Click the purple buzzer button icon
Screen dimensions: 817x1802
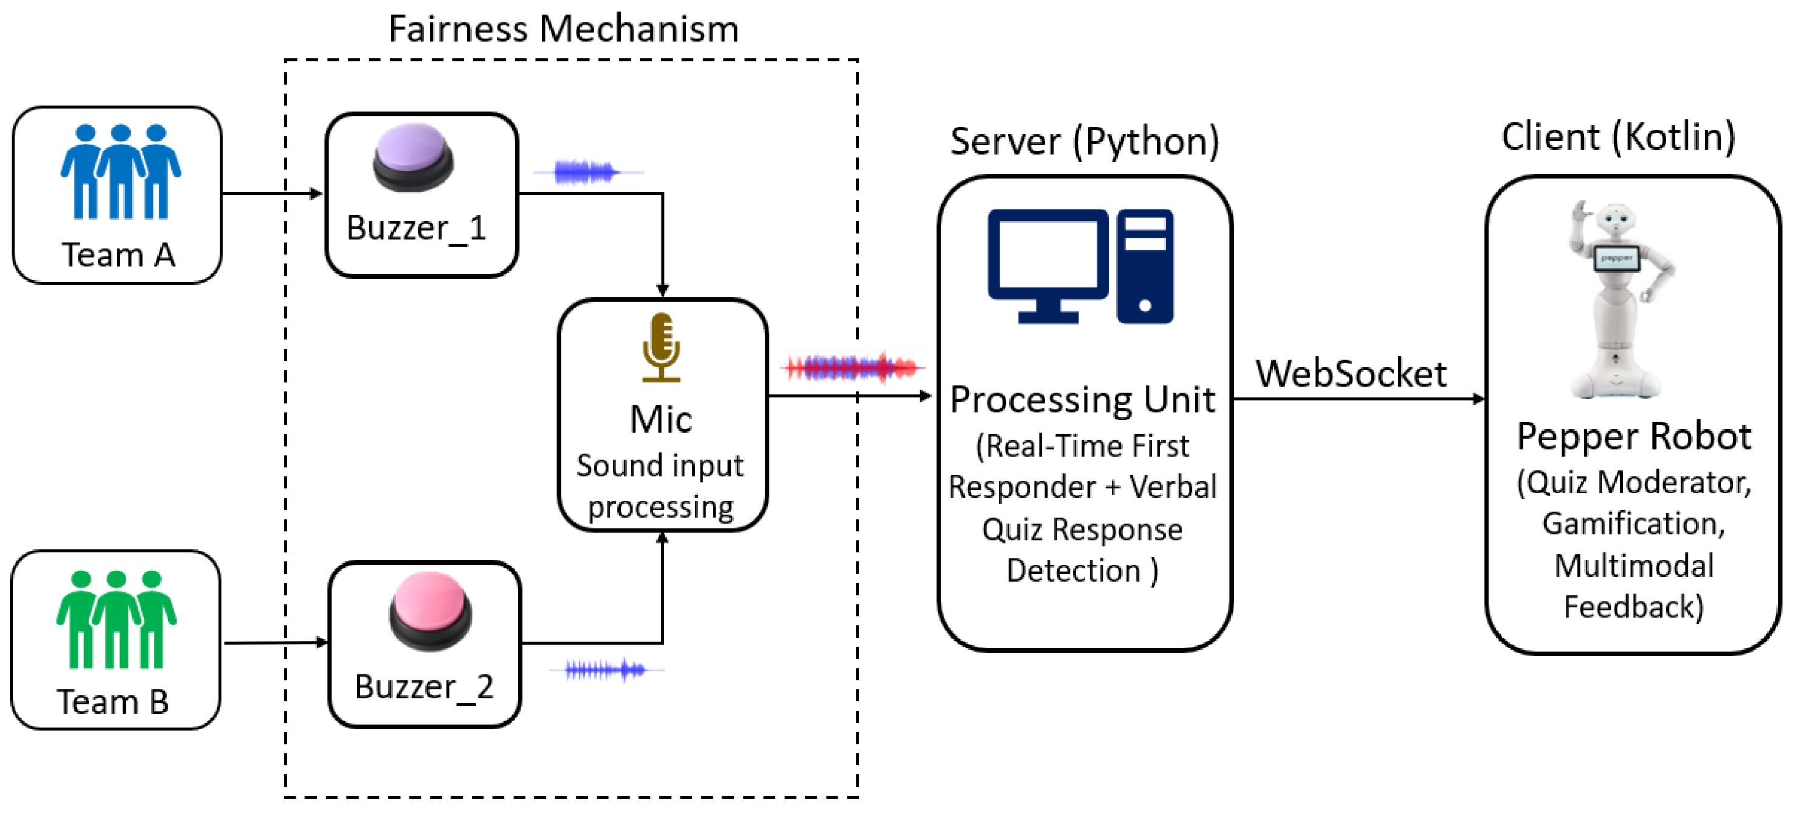pos(413,158)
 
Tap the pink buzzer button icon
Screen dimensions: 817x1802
pos(430,611)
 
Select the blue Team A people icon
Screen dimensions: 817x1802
pos(120,172)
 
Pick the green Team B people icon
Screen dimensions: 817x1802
pos(116,619)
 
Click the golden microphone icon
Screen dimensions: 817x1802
pos(661,347)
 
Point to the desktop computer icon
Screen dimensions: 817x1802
pos(1080,266)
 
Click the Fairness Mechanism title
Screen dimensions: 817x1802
pos(563,29)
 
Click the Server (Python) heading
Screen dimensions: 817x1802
pos(1084,141)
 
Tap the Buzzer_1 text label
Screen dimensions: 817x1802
pos(416,228)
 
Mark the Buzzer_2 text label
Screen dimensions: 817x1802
pos(424,687)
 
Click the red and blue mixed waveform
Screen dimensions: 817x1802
pos(853,367)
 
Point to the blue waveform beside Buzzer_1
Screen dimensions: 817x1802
pos(586,172)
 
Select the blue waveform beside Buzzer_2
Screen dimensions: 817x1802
pos(606,670)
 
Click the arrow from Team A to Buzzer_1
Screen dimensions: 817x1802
pos(272,193)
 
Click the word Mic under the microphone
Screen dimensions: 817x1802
pos(661,419)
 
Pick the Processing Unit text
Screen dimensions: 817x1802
pos(1082,400)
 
